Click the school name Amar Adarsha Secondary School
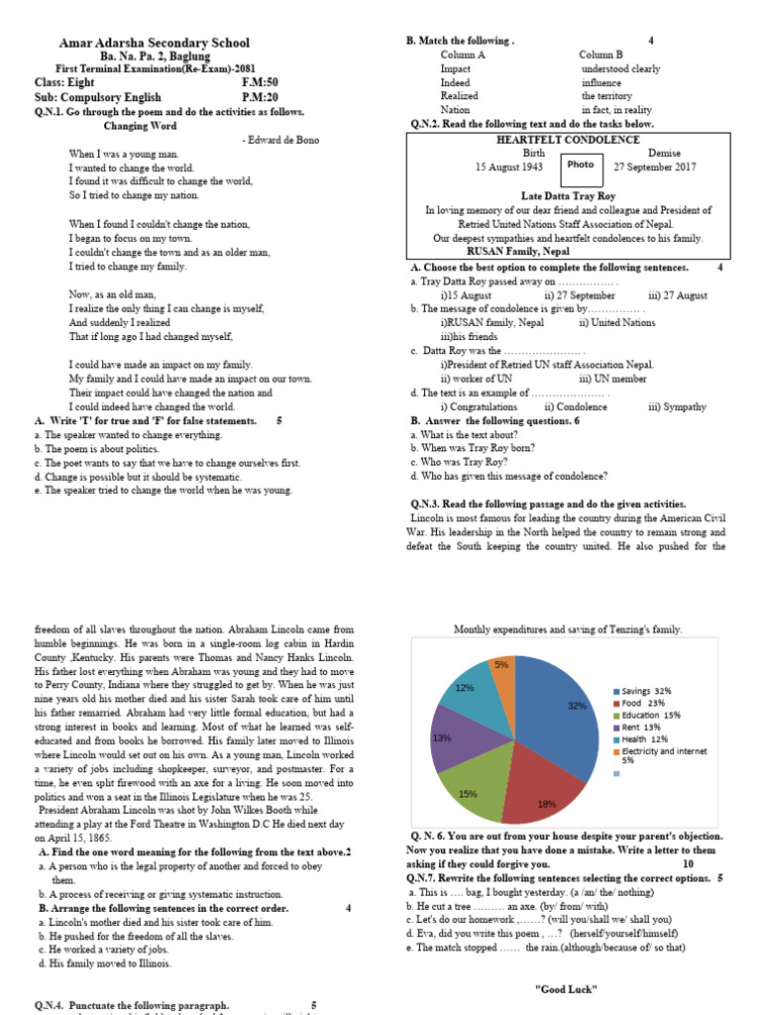click(155, 43)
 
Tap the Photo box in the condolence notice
click(581, 165)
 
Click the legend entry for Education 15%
click(651, 715)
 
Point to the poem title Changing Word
click(141, 126)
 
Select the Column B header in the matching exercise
click(600, 55)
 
